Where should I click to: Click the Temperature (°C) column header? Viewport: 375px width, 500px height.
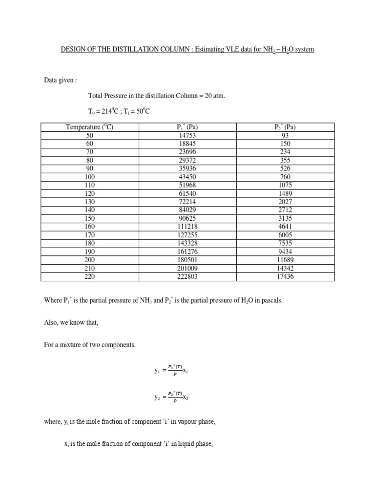tap(89, 127)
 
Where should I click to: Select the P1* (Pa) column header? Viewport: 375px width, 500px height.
tap(187, 127)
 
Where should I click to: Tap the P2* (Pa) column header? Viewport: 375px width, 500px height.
tap(285, 127)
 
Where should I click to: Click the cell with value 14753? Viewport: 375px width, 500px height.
tap(187, 135)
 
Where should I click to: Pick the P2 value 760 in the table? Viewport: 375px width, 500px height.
tap(285, 177)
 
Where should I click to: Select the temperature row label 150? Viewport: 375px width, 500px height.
tap(89, 218)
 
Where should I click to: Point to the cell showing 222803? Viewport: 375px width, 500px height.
tap(187, 277)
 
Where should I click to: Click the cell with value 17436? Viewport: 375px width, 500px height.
tap(285, 277)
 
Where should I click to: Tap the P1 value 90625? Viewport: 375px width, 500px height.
tap(187, 218)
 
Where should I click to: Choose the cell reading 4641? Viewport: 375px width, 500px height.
tap(285, 227)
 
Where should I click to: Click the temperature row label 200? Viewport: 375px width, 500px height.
tap(89, 260)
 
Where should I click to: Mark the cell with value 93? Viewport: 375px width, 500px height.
tap(285, 135)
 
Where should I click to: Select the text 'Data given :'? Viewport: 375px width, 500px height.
tap(61, 80)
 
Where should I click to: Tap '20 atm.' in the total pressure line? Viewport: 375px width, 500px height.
tap(215, 96)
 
